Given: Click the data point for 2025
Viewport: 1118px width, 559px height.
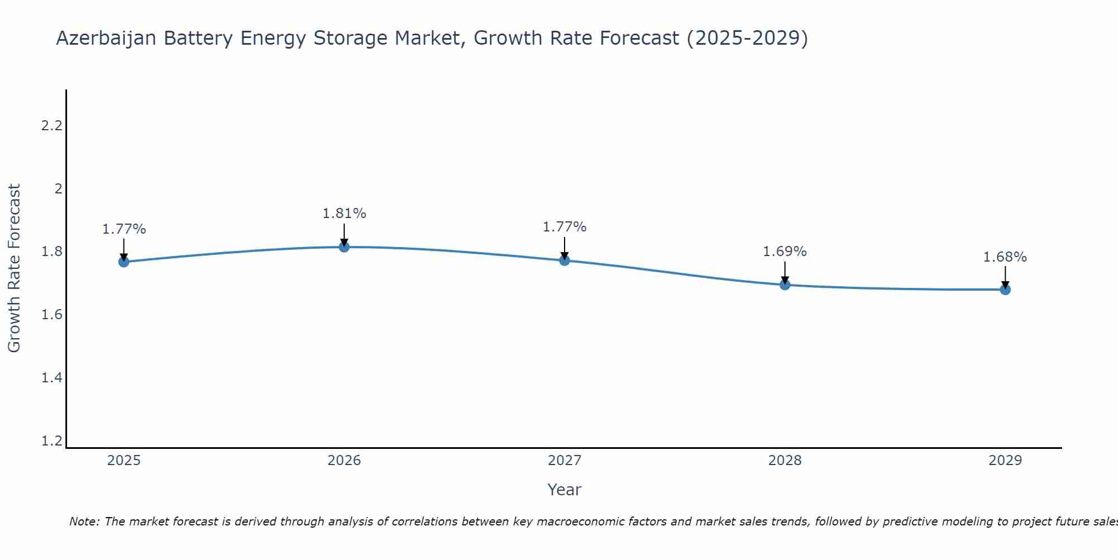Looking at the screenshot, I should pyautogui.click(x=124, y=262).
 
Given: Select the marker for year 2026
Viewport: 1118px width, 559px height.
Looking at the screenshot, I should pyautogui.click(x=344, y=247).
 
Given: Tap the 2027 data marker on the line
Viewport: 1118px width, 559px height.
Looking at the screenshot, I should pyautogui.click(x=564, y=260).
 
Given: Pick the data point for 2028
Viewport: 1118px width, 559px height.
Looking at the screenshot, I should pyautogui.click(x=784, y=285).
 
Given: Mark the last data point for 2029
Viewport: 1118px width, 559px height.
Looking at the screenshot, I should pyautogui.click(x=1005, y=289).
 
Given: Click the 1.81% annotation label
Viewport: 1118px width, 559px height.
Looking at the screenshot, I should pyautogui.click(x=344, y=214).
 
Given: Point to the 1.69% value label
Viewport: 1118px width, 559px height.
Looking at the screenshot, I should pyautogui.click(x=784, y=252).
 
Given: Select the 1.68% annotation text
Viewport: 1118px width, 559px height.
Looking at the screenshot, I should pyautogui.click(x=1005, y=257).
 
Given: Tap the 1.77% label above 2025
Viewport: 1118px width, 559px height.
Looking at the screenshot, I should pyautogui.click(x=124, y=229).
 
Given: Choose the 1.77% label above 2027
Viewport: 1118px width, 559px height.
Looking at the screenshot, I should pyautogui.click(x=564, y=227).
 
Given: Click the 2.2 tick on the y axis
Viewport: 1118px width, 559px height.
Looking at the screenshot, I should pyautogui.click(x=51, y=126).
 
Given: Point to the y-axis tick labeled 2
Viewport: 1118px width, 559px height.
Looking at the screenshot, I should pyautogui.click(x=58, y=189).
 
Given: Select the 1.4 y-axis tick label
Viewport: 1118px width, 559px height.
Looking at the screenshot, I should pyautogui.click(x=51, y=378).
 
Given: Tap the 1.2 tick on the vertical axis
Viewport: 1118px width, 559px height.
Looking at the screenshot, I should pyautogui.click(x=51, y=441).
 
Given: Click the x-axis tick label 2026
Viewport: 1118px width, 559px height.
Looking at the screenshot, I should pyautogui.click(x=344, y=461).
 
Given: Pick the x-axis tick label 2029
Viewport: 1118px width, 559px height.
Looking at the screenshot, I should pyautogui.click(x=1005, y=461).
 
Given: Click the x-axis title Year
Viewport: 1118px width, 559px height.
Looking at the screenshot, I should pyautogui.click(x=564, y=490).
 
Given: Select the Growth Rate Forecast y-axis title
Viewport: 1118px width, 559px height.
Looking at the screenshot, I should pyautogui.click(x=15, y=268).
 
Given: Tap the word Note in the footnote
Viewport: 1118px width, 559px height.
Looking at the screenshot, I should pyautogui.click(x=84, y=522).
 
